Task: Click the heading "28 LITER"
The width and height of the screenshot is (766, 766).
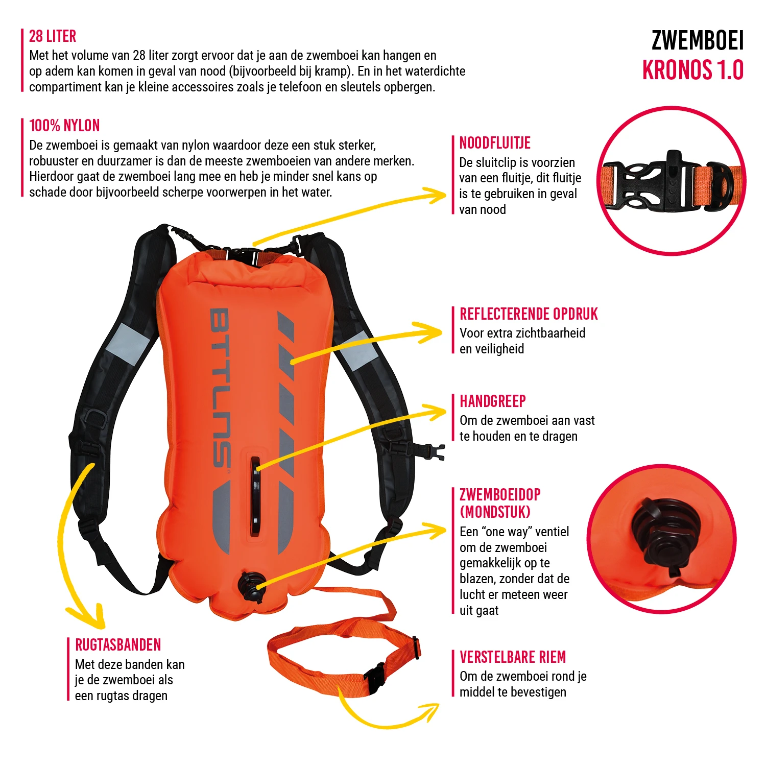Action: (x=53, y=36)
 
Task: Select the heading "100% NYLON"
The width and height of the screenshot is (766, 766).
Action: (x=64, y=126)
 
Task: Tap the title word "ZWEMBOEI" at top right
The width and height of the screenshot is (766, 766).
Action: (x=698, y=41)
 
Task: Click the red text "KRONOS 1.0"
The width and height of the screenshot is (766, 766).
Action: (x=692, y=70)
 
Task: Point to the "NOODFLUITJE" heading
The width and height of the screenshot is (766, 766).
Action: (x=495, y=143)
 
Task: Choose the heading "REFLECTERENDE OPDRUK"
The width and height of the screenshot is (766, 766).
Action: (x=529, y=314)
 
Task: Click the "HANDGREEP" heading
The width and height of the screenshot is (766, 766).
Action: (x=493, y=401)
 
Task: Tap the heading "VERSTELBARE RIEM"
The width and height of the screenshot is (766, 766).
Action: (x=513, y=657)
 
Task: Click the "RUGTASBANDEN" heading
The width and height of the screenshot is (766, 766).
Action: (x=118, y=645)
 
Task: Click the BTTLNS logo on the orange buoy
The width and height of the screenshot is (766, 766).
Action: (x=221, y=388)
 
